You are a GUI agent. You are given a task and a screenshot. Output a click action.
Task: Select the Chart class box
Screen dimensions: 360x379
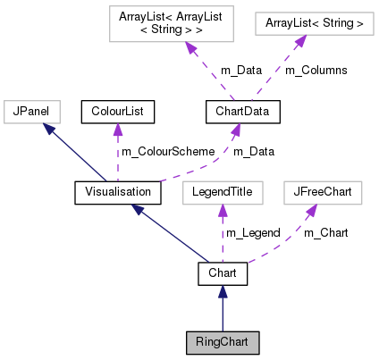tap(223, 273)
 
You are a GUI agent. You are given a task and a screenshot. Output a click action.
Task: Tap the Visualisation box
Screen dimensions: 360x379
tap(117, 192)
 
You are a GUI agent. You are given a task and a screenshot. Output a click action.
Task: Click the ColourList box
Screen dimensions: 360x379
tap(118, 112)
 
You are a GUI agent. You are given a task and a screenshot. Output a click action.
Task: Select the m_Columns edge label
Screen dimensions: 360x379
tap(316, 71)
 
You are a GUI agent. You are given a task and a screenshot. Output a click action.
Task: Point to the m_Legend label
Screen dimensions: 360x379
tap(253, 233)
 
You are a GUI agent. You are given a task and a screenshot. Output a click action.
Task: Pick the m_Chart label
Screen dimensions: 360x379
tap(326, 233)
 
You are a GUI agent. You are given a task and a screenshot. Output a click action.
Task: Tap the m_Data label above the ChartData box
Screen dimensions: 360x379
tap(215, 71)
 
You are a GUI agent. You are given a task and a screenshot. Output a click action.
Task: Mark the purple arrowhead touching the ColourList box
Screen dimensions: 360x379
tap(116, 129)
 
